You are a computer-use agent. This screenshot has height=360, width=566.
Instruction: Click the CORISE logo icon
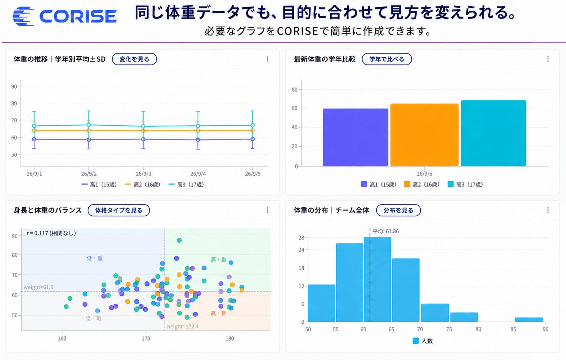point(23,17)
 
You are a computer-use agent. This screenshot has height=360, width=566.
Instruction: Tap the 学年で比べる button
point(386,59)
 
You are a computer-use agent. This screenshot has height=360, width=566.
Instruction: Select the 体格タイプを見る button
point(119,210)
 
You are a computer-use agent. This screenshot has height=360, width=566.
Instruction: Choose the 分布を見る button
point(398,210)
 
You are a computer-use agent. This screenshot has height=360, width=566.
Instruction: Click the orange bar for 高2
point(424,135)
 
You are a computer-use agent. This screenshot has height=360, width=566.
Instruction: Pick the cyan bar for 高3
point(493,133)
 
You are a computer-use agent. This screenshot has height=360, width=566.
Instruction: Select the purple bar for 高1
point(355,138)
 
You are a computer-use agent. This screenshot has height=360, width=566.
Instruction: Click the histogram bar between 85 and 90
point(529,320)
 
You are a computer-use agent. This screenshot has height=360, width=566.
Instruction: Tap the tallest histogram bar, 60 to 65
point(377,280)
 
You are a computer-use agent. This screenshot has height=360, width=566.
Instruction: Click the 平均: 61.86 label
point(386,231)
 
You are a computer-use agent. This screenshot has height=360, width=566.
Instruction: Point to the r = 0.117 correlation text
point(51,233)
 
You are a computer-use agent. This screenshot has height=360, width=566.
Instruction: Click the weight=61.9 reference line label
point(39,287)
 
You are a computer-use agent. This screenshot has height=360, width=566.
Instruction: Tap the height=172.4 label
point(183,327)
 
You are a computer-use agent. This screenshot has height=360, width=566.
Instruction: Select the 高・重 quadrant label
point(218,260)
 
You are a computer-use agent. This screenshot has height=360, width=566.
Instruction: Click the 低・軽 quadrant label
point(94,318)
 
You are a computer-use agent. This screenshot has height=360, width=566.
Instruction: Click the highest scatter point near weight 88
point(179,240)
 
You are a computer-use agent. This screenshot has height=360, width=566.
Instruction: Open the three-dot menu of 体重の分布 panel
point(548,210)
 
